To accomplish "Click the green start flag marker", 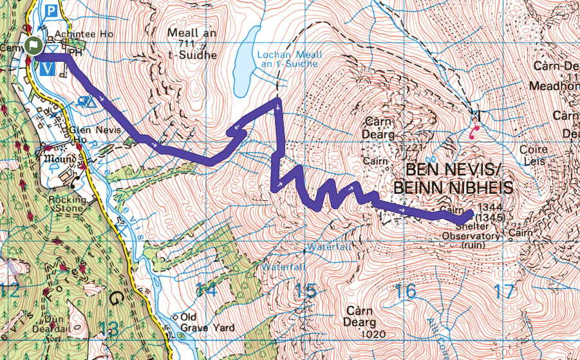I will [x=33, y=46].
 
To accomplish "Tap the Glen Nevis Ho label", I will [x=87, y=132].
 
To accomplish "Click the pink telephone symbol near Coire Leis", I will [x=475, y=133].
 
